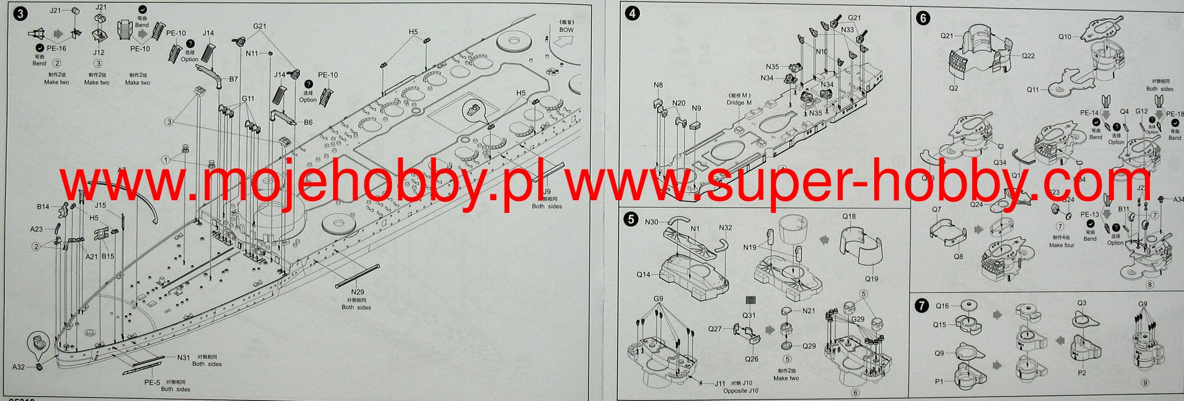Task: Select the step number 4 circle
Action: pyautogui.click(x=633, y=14)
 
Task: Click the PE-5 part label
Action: pyautogui.click(x=152, y=382)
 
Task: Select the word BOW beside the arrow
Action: pyautogui.click(x=567, y=30)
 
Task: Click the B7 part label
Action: pyautogui.click(x=234, y=79)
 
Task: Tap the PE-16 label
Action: pyautogui.click(x=56, y=48)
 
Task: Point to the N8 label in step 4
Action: pyautogui.click(x=658, y=86)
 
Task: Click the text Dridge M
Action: pyautogui.click(x=739, y=102)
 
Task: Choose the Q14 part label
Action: pyautogui.click(x=643, y=275)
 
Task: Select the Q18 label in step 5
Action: pyautogui.click(x=849, y=216)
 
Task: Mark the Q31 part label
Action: pyautogui.click(x=749, y=315)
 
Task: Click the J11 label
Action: pyautogui.click(x=720, y=383)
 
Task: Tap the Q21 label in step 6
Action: pyautogui.click(x=946, y=36)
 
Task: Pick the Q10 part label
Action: pyautogui.click(x=1065, y=36)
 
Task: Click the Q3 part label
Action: pyautogui.click(x=1082, y=303)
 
